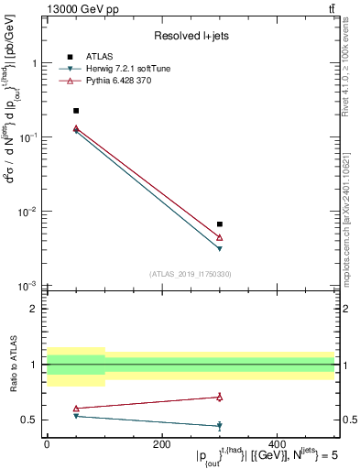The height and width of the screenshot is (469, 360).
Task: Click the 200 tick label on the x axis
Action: (161, 444)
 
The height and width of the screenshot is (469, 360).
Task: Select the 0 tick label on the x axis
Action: (47, 444)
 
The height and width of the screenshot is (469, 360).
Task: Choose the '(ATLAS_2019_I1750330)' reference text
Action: (190, 274)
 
